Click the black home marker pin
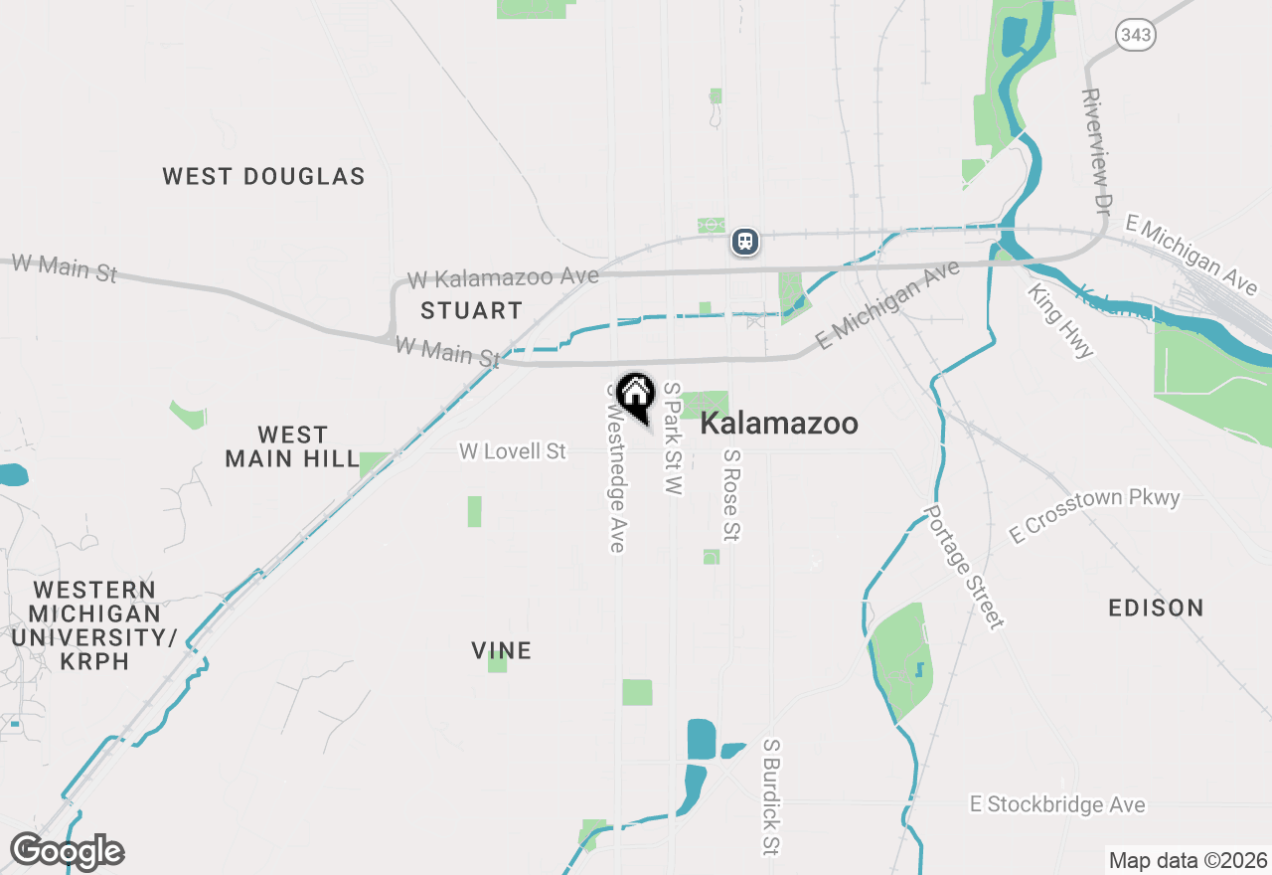635,396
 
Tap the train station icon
745,241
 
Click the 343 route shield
1135,36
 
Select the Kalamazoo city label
779,424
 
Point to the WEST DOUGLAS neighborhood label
264,177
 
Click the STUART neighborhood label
471,311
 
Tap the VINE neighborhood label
502,651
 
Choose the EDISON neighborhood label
1156,608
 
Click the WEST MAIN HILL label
292,447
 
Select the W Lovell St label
513,451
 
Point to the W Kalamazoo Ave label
503,277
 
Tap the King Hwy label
1061,320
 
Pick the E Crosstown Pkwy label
1094,514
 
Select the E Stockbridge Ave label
1057,804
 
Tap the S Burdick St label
771,796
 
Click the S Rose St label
732,495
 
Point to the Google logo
67,852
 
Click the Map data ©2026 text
1188,860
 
